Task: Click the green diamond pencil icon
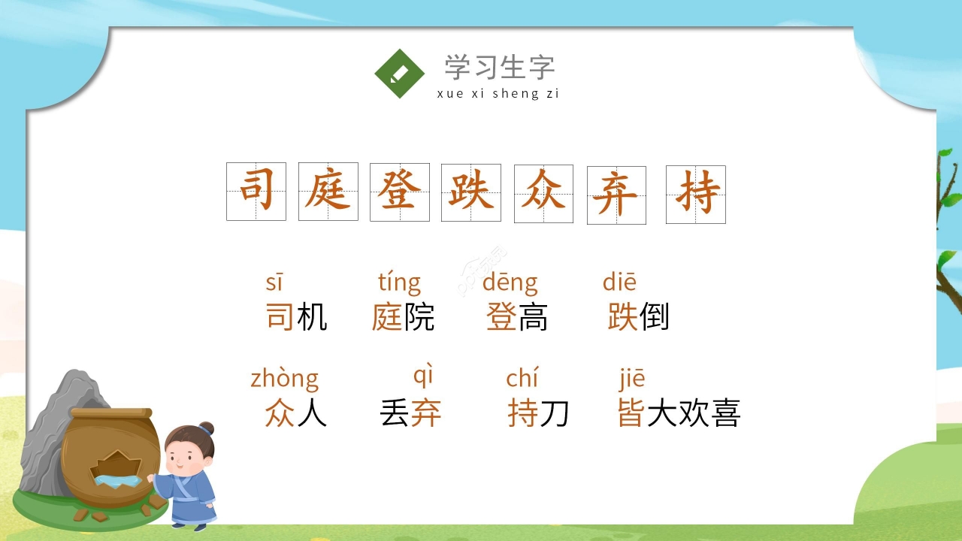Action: (400, 74)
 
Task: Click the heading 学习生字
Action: (499, 68)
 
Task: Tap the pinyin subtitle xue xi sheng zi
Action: (498, 94)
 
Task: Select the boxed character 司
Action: (256, 191)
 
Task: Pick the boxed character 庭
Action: (328, 192)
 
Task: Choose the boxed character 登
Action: (400, 192)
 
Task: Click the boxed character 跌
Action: (470, 192)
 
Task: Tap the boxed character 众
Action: (543, 194)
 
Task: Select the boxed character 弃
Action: (616, 195)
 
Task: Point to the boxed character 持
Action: (696, 195)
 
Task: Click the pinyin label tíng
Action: (399, 283)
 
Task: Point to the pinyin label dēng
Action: (510, 283)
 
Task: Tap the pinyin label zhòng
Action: (284, 378)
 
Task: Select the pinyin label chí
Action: (522, 378)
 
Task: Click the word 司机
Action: (296, 317)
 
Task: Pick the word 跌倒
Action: (638, 317)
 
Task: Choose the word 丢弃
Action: (410, 413)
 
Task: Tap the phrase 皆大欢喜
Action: (679, 413)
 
